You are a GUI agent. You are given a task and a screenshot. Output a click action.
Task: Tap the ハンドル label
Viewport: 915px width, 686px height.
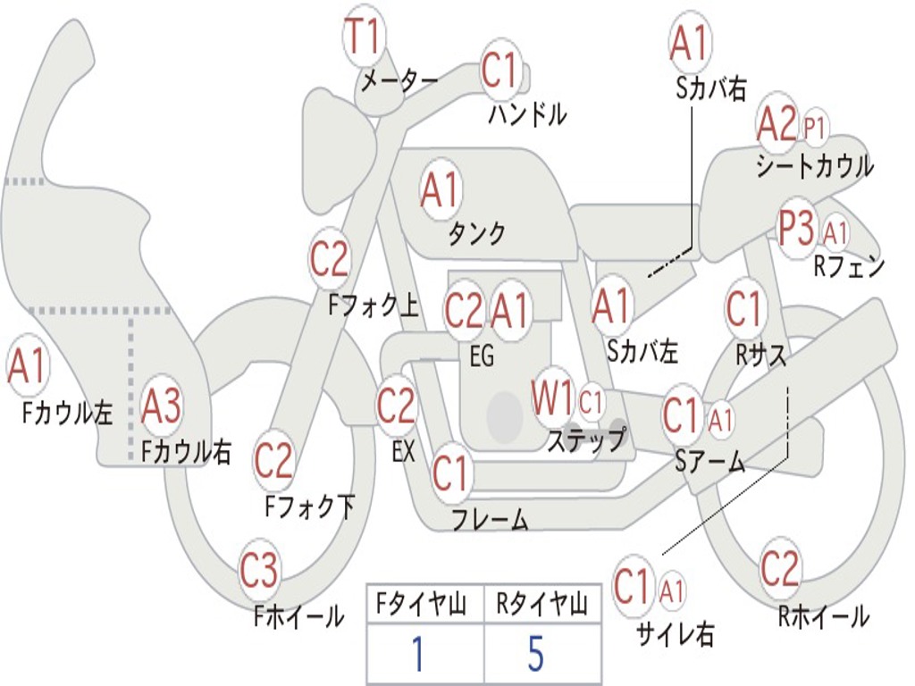pyautogui.click(x=527, y=114)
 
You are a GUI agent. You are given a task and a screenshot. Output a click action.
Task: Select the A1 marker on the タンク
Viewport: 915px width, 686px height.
pyautogui.click(x=440, y=189)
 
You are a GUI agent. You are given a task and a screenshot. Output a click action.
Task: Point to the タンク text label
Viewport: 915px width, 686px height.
pyautogui.click(x=476, y=234)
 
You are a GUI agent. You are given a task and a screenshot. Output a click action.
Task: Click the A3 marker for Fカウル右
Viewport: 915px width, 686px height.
pyautogui.click(x=162, y=407)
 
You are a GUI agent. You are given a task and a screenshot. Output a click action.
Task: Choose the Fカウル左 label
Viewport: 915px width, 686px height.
pyautogui.click(x=69, y=413)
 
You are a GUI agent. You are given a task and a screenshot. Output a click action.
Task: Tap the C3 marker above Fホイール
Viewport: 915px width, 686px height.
pyautogui.click(x=259, y=571)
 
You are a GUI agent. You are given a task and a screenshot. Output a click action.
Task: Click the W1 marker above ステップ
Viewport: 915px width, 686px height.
pyautogui.click(x=553, y=399)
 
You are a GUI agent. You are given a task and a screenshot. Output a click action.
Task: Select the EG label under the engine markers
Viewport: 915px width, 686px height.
pyautogui.click(x=482, y=356)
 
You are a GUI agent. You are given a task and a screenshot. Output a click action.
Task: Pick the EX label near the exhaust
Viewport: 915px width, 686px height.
pyautogui.click(x=403, y=451)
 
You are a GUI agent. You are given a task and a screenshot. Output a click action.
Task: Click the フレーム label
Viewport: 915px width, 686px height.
pyautogui.click(x=490, y=519)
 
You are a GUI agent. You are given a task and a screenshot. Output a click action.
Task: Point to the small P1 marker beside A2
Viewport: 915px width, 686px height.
pyautogui.click(x=814, y=128)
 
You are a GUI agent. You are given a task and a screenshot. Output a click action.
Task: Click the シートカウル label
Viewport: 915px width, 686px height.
pyautogui.click(x=814, y=167)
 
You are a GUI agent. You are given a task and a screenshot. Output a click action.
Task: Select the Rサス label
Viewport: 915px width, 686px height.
pyautogui.click(x=761, y=355)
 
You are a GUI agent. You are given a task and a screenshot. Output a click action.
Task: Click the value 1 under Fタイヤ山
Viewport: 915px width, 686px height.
pyautogui.click(x=417, y=655)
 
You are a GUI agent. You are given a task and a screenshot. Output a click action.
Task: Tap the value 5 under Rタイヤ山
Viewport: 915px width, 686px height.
pyautogui.click(x=535, y=655)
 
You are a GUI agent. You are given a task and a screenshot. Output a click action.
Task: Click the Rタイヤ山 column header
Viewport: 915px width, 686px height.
pyautogui.click(x=542, y=607)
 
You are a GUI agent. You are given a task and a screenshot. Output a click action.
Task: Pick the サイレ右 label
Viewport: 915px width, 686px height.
pyautogui.click(x=676, y=634)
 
